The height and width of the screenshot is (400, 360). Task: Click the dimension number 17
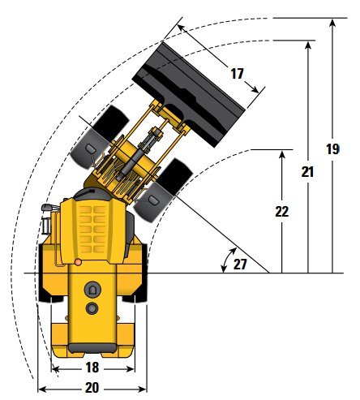coord(237,74)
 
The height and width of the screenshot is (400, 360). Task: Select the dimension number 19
coord(332,149)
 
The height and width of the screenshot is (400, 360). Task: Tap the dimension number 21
coord(307,172)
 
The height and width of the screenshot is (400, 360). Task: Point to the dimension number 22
coord(282,212)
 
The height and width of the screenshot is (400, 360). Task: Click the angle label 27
coord(240,265)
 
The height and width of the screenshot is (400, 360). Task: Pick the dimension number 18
coord(92,368)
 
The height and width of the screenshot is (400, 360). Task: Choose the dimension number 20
coord(92,388)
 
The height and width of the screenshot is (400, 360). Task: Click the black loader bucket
coord(189,95)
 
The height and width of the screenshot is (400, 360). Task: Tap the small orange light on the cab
coord(78,262)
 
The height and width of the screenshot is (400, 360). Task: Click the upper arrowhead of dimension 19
coord(332,22)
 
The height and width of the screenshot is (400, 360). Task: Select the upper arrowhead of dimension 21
coord(308,45)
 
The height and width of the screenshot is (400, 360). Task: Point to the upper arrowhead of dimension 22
coord(282,155)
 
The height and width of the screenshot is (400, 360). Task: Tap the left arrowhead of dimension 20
coord(42,389)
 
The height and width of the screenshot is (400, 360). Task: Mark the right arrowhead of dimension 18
coord(131,369)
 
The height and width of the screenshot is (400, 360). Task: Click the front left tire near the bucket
coord(100,137)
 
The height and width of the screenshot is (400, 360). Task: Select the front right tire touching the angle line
coord(163,191)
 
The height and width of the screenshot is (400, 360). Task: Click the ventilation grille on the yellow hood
coord(92,230)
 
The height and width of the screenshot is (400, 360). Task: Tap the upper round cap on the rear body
coord(92,290)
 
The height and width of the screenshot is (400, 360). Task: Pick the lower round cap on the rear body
coord(92,308)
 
